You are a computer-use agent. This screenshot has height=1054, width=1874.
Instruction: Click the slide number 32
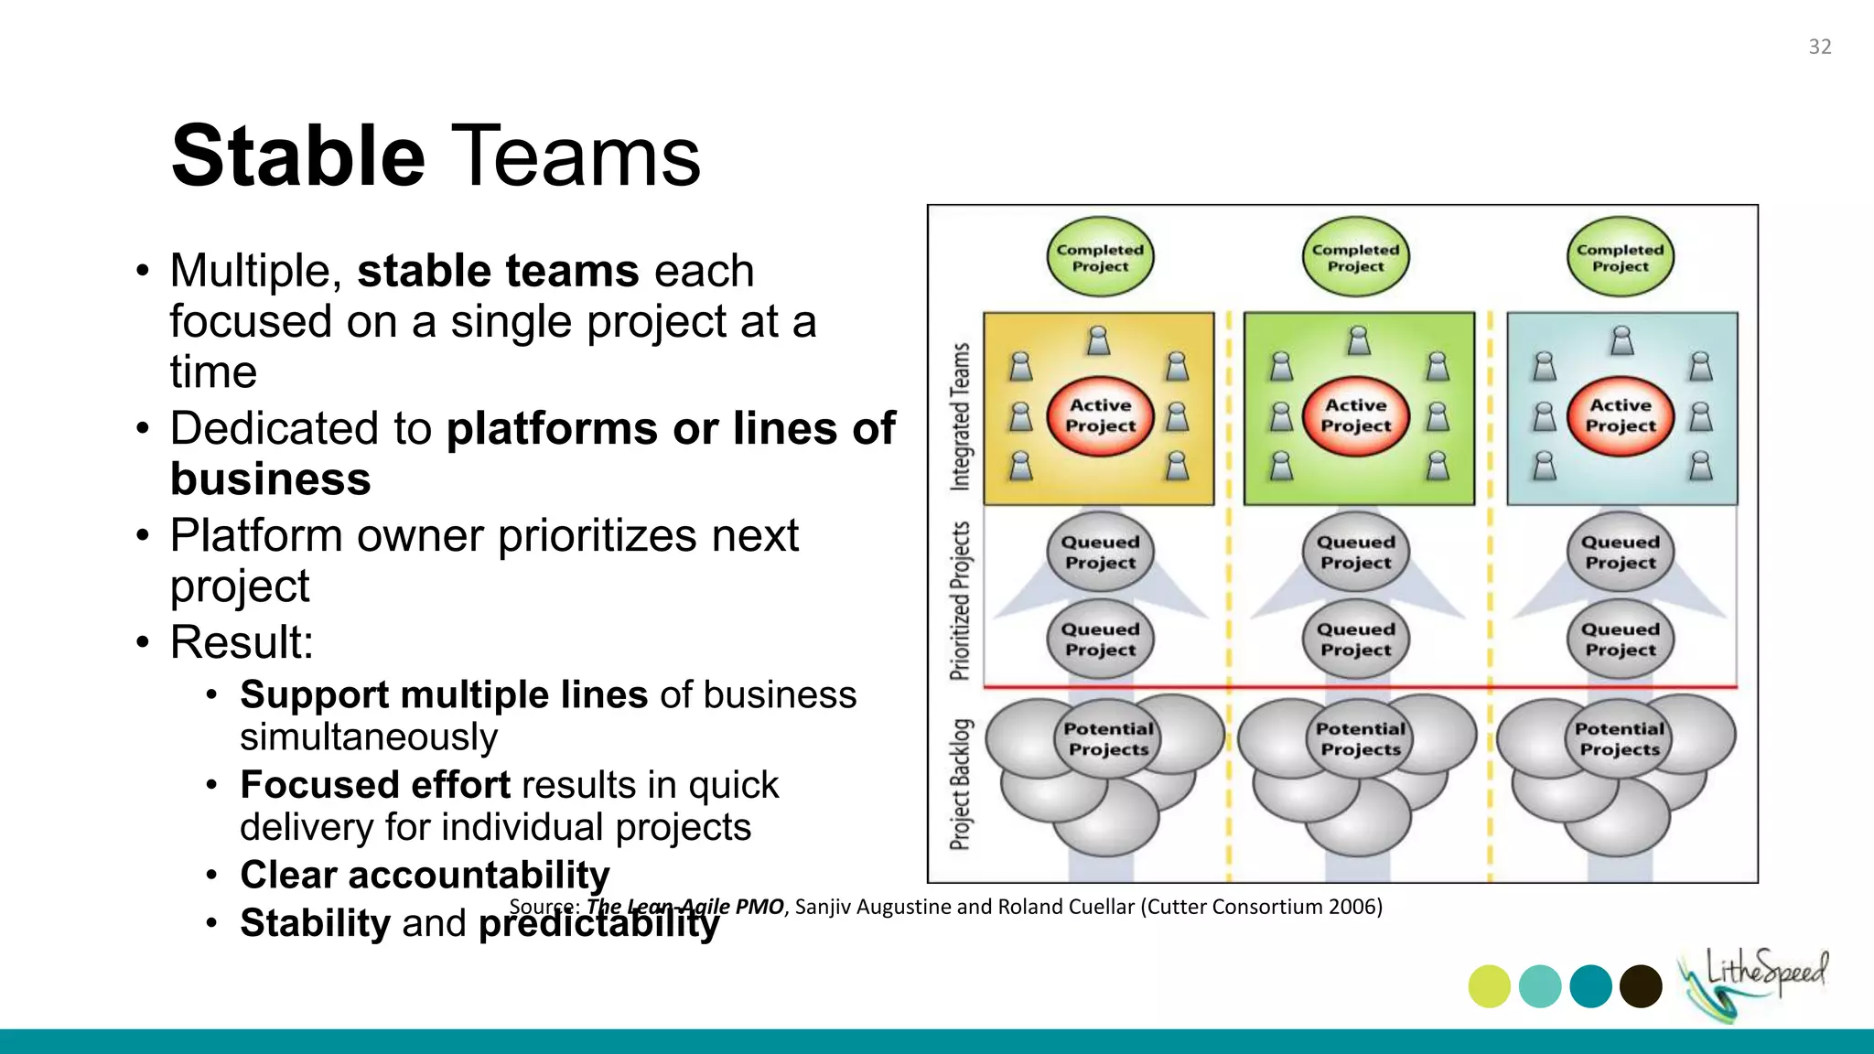(1819, 47)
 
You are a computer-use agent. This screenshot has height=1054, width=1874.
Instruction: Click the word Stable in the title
(297, 156)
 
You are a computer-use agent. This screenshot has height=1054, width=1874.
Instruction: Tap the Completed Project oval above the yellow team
(1100, 257)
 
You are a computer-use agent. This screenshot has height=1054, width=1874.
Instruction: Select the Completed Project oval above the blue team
(1620, 257)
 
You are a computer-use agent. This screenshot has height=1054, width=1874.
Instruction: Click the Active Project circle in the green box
(1356, 415)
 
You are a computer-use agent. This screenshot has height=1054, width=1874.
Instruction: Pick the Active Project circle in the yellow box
(1100, 415)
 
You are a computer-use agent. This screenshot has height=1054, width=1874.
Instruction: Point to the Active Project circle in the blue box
(1620, 415)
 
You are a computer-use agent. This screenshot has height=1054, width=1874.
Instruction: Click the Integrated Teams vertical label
(960, 416)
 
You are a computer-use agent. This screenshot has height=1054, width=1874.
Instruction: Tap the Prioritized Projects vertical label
(960, 601)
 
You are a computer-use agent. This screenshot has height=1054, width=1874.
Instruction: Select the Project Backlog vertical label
(960, 784)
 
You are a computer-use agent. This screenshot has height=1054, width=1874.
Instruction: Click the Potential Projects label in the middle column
(1361, 738)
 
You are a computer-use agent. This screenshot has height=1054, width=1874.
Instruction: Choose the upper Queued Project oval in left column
(1100, 552)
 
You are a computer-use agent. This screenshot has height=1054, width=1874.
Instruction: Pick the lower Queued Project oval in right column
(1620, 639)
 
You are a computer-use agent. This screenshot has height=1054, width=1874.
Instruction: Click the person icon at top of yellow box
(1099, 340)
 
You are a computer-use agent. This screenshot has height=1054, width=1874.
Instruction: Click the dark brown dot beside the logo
(1641, 986)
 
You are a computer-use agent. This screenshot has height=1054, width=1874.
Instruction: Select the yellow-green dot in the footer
(1489, 986)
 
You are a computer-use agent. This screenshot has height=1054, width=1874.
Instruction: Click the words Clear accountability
(425, 875)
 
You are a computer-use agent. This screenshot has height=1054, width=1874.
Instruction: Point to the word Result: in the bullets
(242, 641)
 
